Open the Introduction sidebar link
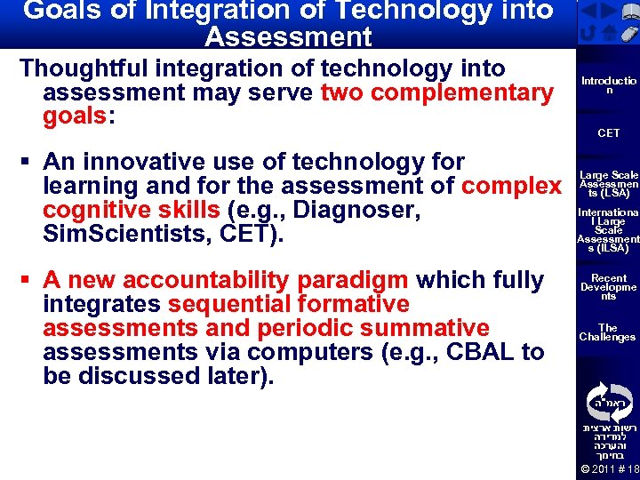(608, 85)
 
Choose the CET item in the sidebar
(608, 133)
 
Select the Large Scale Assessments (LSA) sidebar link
(608, 184)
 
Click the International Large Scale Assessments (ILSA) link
(608, 231)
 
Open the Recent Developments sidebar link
(608, 287)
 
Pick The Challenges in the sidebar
(608, 332)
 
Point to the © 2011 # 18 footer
(609, 469)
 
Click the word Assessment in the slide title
(288, 36)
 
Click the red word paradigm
(354, 280)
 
